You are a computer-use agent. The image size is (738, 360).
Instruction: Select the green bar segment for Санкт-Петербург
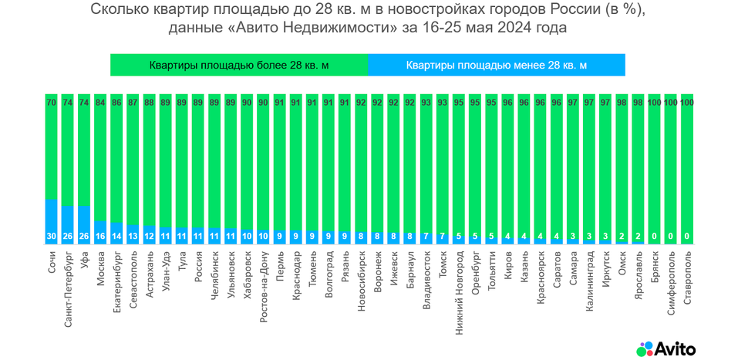pyautogui.click(x=67, y=154)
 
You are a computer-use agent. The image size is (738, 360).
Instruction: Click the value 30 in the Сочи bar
pyautogui.click(x=51, y=237)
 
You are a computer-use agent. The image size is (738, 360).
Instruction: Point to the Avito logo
pyautogui.click(x=666, y=349)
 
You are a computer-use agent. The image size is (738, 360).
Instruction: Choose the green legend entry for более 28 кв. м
pyautogui.click(x=239, y=66)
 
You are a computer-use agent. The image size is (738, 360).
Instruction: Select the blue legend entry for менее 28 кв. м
pyautogui.click(x=497, y=66)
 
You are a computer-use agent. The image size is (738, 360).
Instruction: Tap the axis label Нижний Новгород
pyautogui.click(x=460, y=286)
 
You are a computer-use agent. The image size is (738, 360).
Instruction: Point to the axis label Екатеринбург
pyautogui.click(x=116, y=281)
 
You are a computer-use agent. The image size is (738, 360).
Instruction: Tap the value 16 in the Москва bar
pyautogui.click(x=100, y=237)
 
